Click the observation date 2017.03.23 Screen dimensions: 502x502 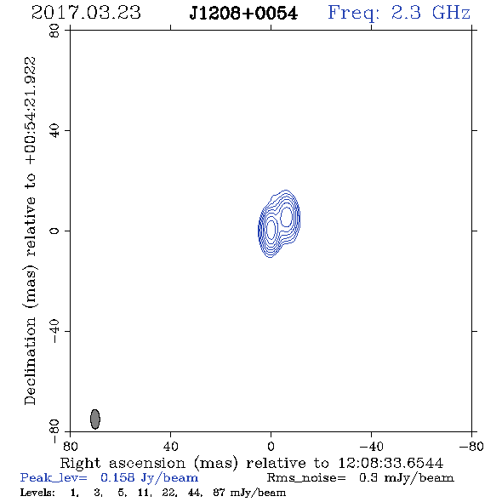click(x=86, y=13)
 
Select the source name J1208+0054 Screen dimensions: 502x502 click(x=243, y=14)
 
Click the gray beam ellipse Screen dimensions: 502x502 click(x=95, y=419)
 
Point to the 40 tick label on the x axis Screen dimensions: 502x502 click(x=170, y=446)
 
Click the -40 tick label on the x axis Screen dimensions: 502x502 click(x=371, y=446)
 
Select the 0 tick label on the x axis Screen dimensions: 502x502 click(x=271, y=446)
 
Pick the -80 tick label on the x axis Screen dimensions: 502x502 click(x=471, y=446)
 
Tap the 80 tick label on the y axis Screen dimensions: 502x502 click(x=54, y=31)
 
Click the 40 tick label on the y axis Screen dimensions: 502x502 click(x=54, y=131)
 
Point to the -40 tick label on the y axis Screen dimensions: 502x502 click(x=54, y=331)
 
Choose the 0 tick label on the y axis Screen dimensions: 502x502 click(x=54, y=231)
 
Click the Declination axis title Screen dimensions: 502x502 click(x=30, y=231)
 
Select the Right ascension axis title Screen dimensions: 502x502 click(x=252, y=463)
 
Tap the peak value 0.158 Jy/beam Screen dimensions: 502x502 click(x=149, y=478)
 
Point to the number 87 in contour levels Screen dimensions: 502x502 click(x=219, y=492)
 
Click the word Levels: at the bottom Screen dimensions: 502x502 click(x=37, y=492)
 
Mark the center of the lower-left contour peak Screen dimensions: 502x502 click(x=271, y=229)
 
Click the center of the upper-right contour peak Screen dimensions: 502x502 click(x=286, y=217)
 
